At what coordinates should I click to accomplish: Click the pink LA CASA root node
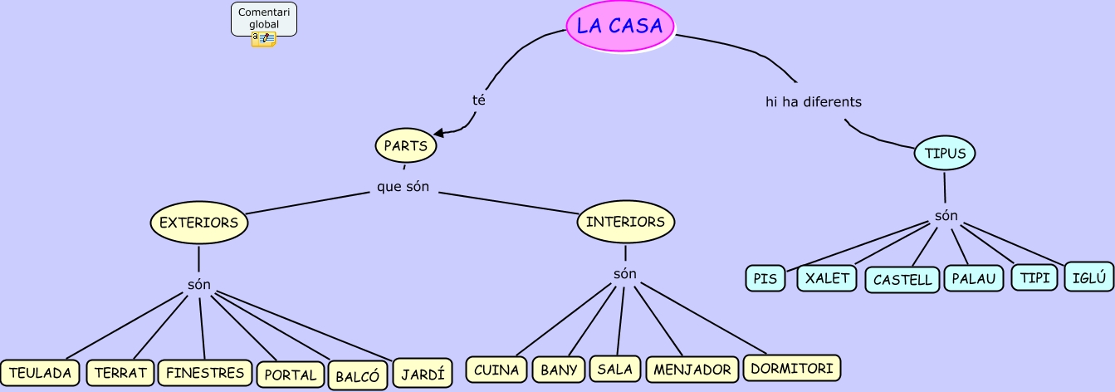tap(620, 26)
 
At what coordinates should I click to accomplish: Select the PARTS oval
tap(405, 146)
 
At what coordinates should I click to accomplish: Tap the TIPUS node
tap(945, 154)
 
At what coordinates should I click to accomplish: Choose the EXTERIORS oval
tap(198, 223)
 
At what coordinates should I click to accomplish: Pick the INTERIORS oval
tap(625, 223)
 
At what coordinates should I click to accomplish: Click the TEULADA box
tap(41, 373)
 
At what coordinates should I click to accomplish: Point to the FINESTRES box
tap(205, 373)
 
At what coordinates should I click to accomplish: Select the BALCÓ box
tap(357, 376)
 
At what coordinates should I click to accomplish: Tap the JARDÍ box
tap(423, 373)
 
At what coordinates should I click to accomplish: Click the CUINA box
tap(496, 370)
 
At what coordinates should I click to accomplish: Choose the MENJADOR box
tap(692, 370)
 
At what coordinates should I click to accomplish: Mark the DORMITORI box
tap(791, 368)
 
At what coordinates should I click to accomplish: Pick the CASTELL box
tap(902, 280)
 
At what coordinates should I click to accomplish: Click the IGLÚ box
tap(1088, 277)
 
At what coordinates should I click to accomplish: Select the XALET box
tap(827, 277)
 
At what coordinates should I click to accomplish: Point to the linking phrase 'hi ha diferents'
tap(814, 102)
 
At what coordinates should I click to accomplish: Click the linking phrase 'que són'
tap(403, 187)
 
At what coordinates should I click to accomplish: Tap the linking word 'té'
tap(478, 100)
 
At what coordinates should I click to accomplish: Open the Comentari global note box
tap(264, 19)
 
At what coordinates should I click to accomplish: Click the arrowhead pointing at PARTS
tap(438, 132)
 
